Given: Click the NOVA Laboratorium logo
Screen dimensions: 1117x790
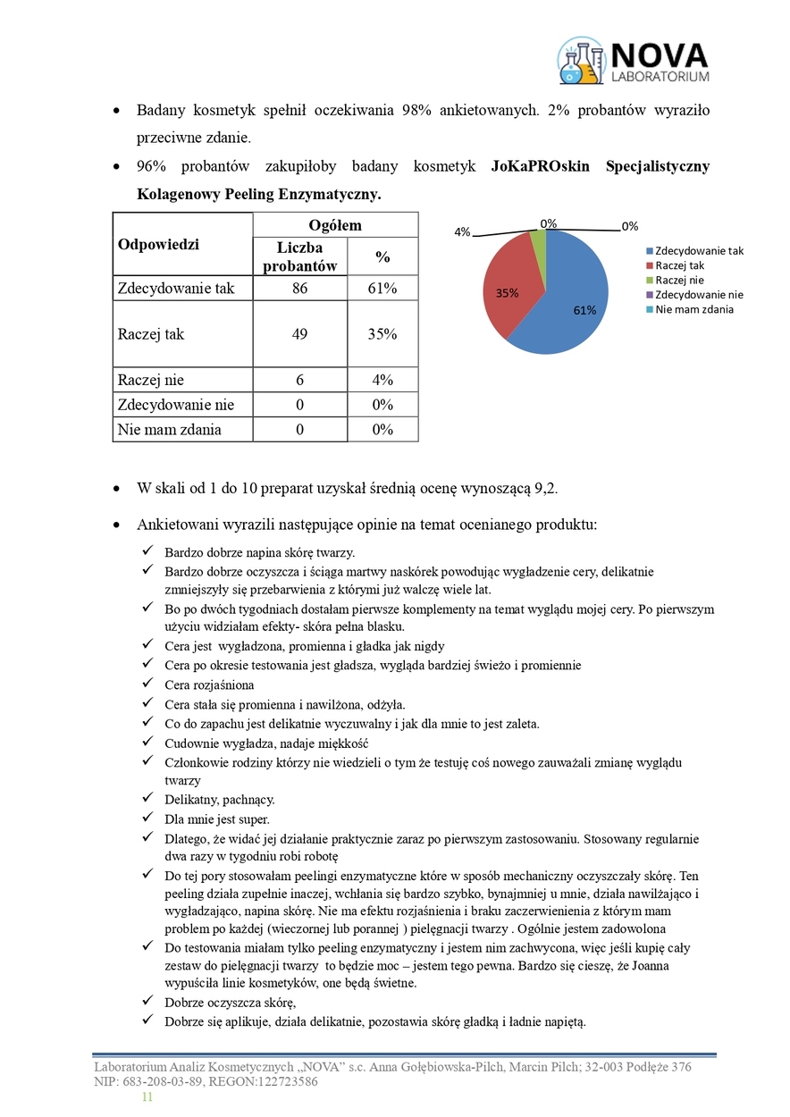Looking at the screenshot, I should pyautogui.click(x=634, y=61).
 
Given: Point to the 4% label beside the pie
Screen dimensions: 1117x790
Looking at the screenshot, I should pyautogui.click(x=462, y=232).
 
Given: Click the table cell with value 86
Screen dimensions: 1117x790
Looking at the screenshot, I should pyautogui.click(x=299, y=289).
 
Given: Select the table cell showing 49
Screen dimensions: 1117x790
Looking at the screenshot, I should pyautogui.click(x=299, y=334).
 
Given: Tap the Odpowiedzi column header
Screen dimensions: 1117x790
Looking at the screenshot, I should pyautogui.click(x=158, y=245).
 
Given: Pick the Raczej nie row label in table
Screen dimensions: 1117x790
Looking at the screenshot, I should pyautogui.click(x=151, y=380).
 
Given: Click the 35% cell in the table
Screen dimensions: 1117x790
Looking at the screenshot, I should pyautogui.click(x=382, y=334).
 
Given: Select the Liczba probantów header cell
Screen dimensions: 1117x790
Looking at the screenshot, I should pyautogui.click(x=299, y=256).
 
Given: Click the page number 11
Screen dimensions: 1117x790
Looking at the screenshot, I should pyautogui.click(x=147, y=1097).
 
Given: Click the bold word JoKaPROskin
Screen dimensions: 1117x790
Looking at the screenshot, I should pyautogui.click(x=540, y=167).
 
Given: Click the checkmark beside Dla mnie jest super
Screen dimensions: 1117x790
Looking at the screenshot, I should pyautogui.click(x=147, y=819).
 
